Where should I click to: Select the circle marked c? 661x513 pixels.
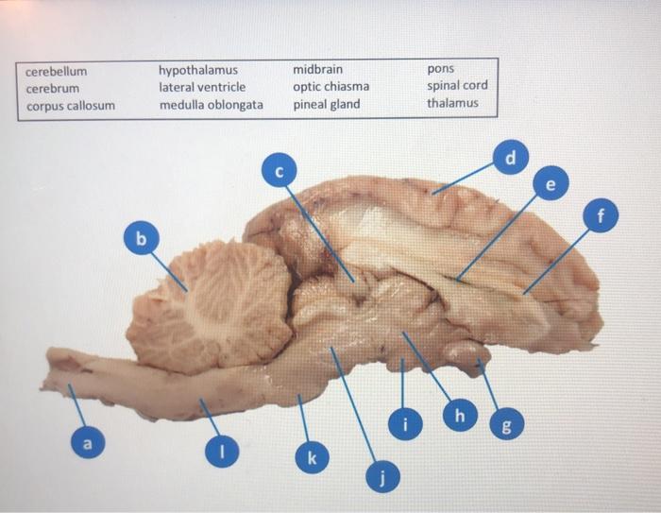point(278,171)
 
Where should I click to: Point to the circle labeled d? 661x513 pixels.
point(510,158)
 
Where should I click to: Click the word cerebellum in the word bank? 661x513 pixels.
point(56,71)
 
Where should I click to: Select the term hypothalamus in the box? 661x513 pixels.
point(198,71)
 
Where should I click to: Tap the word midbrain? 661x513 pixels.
point(317,71)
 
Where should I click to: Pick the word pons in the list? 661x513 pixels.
point(440,71)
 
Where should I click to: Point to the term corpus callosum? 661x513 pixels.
point(70,105)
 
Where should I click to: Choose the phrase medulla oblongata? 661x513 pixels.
point(211,105)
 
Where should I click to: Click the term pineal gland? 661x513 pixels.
point(326,105)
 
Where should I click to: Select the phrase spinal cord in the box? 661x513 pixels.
point(457,87)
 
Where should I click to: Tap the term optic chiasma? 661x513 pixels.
point(330,87)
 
